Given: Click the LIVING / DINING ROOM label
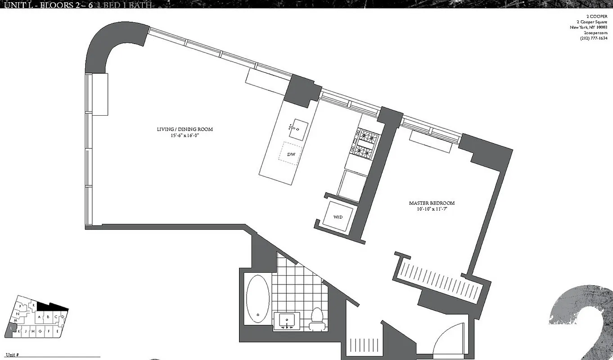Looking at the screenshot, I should point(185,130).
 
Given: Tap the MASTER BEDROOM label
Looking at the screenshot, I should point(432,203).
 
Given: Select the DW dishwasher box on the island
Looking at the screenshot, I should point(291,155).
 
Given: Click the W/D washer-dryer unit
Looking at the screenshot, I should point(338,216).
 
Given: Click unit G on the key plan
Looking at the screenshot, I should point(41,332).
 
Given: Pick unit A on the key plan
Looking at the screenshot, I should point(40,317).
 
